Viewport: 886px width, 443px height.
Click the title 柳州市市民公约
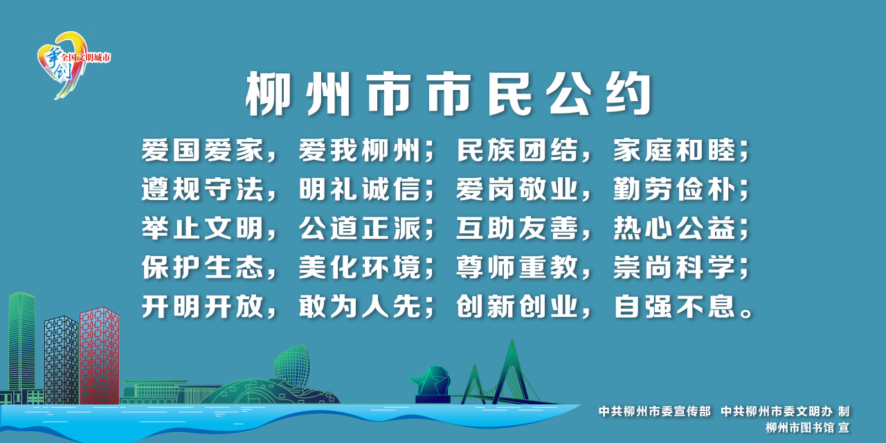(449, 94)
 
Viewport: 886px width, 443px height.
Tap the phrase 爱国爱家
(203, 150)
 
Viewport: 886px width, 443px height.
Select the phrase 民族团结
(517, 150)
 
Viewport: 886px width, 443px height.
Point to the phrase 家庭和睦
(674, 150)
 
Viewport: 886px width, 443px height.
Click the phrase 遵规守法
(203, 189)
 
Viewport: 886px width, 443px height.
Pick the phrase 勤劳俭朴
(674, 189)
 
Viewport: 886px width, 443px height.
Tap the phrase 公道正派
(359, 228)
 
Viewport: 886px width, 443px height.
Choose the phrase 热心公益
(674, 228)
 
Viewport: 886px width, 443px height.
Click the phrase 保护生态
(203, 267)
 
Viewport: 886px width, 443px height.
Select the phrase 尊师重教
(517, 267)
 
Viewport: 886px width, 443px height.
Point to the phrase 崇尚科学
(674, 267)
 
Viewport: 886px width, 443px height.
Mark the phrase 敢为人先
(359, 306)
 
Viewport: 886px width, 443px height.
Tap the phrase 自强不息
(674, 306)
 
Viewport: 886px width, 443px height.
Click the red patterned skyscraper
(99, 356)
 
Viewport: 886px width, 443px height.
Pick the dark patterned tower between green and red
(62, 360)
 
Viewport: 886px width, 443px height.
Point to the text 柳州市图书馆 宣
(807, 428)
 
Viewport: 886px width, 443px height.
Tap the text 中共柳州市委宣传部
(655, 411)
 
